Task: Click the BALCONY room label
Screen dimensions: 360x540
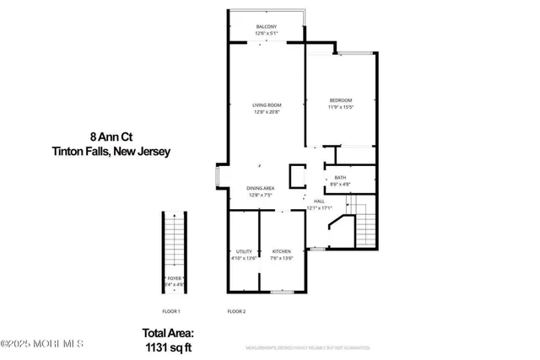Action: tap(267, 28)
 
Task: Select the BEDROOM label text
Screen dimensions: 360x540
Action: tap(340, 100)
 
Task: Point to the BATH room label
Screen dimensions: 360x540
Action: tap(340, 177)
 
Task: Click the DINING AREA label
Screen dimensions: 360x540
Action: tap(261, 188)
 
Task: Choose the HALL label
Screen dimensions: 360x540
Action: tap(319, 201)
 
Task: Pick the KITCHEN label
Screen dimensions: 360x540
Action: tap(281, 252)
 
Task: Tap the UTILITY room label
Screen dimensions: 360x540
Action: tap(243, 252)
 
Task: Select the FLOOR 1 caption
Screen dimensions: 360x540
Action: tap(171, 312)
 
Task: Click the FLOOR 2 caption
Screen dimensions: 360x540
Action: tap(236, 312)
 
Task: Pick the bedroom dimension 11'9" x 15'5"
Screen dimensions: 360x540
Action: tap(340, 107)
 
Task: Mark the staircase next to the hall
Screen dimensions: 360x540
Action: tap(364, 223)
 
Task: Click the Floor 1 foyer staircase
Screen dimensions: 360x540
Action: tap(175, 240)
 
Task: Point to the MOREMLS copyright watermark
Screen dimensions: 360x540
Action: tap(42, 344)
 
